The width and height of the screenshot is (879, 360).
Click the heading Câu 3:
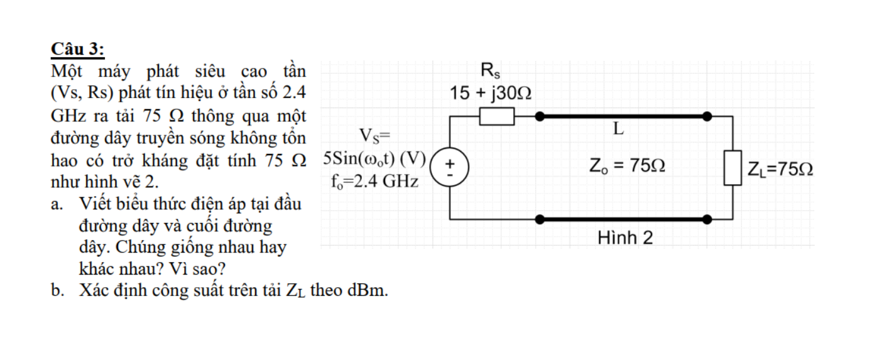click(x=78, y=49)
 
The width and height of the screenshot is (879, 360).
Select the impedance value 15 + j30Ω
click(x=491, y=93)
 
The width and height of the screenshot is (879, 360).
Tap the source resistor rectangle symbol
click(x=497, y=116)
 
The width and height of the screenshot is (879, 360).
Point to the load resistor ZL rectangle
click(x=733, y=168)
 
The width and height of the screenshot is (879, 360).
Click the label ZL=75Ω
click(x=780, y=169)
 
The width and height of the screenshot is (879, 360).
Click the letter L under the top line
click(x=619, y=130)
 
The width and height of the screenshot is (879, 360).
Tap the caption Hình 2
click(x=625, y=237)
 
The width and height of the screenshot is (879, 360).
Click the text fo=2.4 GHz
click(x=374, y=182)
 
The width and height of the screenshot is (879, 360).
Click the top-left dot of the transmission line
click(x=538, y=116)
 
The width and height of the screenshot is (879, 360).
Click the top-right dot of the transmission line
click(x=707, y=116)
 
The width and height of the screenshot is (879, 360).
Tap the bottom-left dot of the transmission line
click(x=538, y=219)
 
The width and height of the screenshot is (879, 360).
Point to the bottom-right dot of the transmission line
click(x=707, y=219)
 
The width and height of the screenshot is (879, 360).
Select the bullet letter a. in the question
click(x=58, y=204)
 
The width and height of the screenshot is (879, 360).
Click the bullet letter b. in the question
click(x=58, y=291)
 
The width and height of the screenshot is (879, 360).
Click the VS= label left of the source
click(x=374, y=135)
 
